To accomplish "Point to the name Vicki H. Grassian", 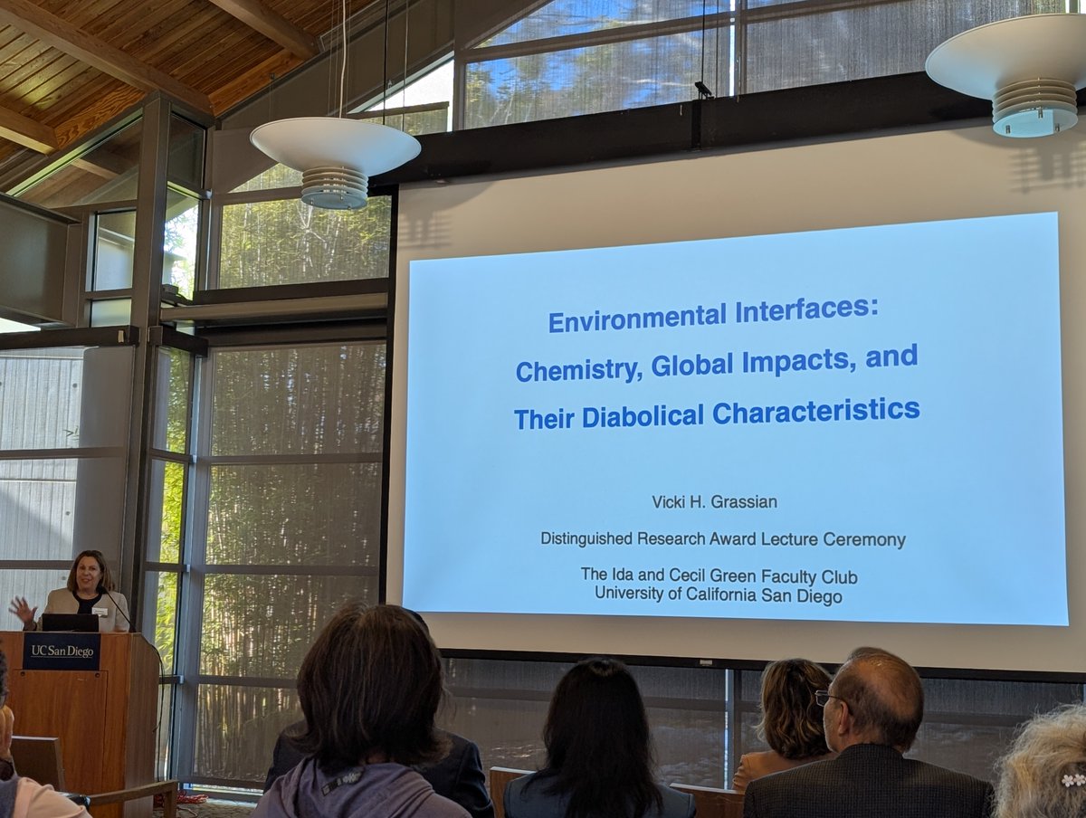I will coord(724,502).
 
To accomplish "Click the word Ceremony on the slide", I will coord(863,539).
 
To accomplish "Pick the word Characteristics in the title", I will coord(815,412).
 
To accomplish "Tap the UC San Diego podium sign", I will coord(61,652).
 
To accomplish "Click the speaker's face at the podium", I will coord(87,574).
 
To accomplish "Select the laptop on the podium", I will coord(70,623).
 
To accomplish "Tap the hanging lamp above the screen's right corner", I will coord(1023,77).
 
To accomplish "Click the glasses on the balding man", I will coord(825,698).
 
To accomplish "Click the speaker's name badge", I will coord(100,611).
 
